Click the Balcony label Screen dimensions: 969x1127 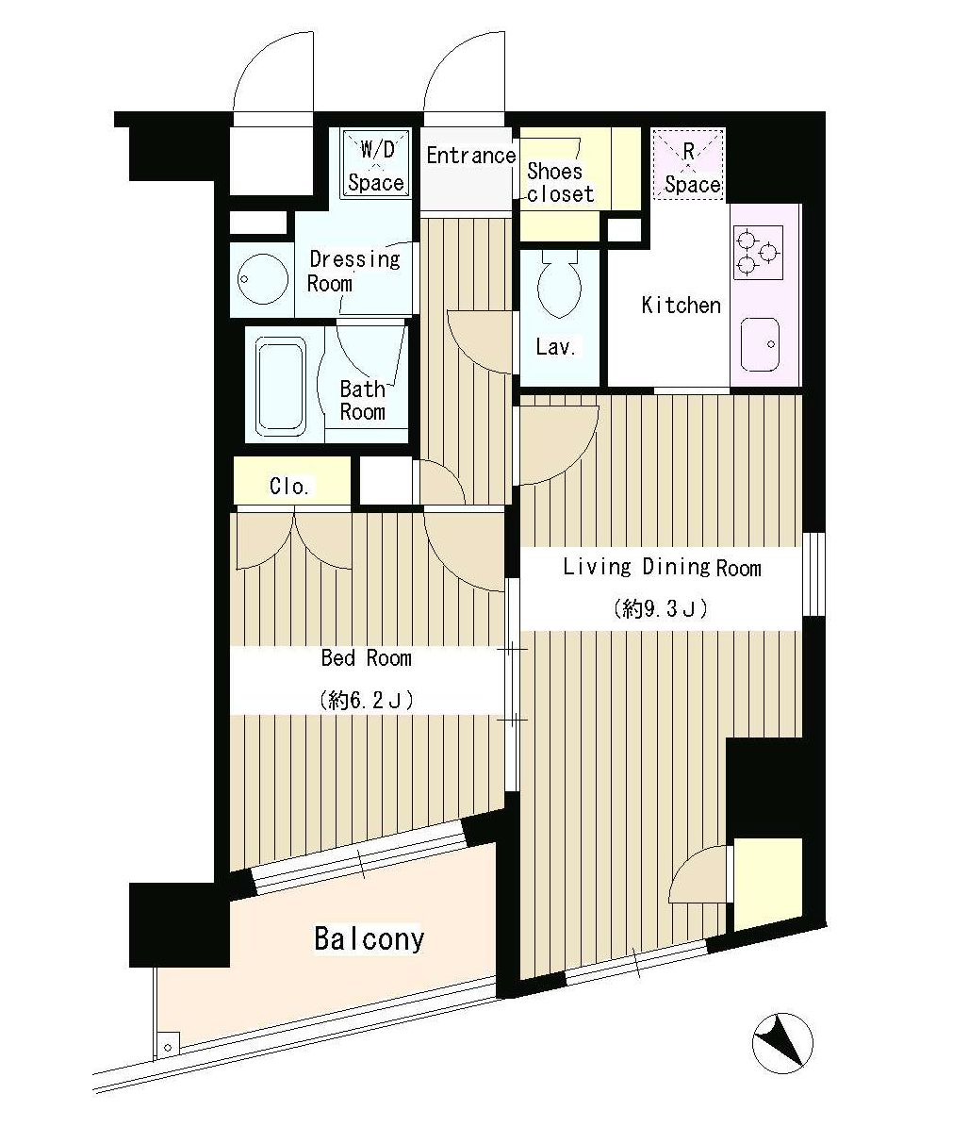click(x=370, y=939)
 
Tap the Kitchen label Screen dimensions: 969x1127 click(x=681, y=306)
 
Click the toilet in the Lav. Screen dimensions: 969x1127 click(x=559, y=283)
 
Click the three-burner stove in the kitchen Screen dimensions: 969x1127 click(x=758, y=253)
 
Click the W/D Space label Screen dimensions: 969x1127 click(x=376, y=166)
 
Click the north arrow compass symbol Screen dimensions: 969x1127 click(x=782, y=1043)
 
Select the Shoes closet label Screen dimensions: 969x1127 click(x=560, y=183)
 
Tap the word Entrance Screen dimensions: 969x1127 click(x=471, y=156)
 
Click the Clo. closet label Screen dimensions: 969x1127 click(x=289, y=486)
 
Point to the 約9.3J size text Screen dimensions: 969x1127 click(x=660, y=609)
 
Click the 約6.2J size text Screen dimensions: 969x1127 click(x=367, y=700)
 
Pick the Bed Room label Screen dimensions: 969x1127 click(x=367, y=657)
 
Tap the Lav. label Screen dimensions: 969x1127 click(x=556, y=348)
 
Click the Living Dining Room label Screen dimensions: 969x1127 click(x=662, y=568)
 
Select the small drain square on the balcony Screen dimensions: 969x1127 click(x=168, y=1046)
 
